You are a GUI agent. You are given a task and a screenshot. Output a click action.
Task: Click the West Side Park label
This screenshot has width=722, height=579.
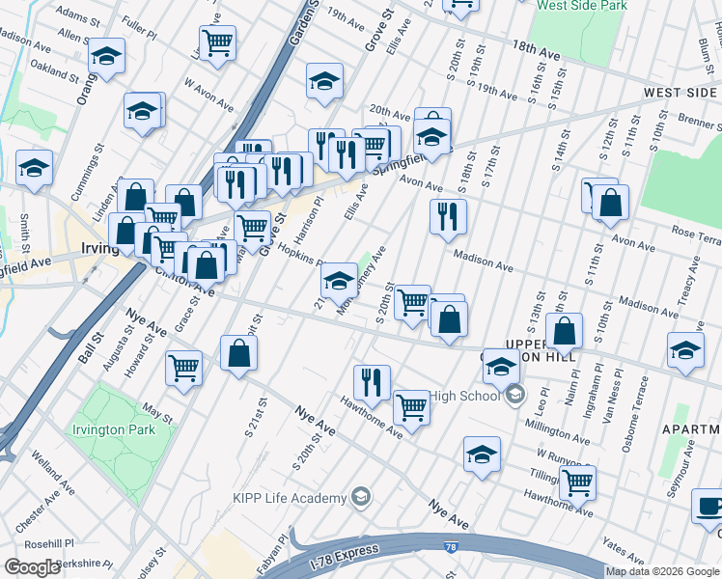pos(583,5)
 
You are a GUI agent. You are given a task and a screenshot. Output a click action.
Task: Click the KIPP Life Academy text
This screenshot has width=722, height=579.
pos(289,498)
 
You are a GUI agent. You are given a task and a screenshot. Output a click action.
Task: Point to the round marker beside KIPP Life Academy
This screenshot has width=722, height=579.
pos(361,498)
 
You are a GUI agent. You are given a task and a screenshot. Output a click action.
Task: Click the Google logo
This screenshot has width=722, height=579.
pos(32,567)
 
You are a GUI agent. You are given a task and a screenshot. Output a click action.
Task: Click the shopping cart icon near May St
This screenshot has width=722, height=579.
pos(183,368)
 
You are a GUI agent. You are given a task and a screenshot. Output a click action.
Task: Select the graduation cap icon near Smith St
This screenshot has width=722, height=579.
pos(34,168)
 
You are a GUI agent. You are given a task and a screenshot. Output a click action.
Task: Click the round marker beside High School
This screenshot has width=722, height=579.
pos(515,395)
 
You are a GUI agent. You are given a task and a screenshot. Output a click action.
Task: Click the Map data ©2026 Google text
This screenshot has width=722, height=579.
pos(662,571)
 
